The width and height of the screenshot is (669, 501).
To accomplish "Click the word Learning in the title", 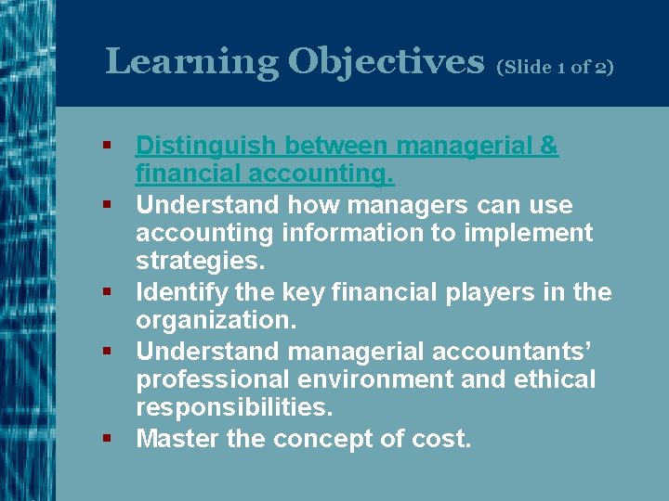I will click(191, 61).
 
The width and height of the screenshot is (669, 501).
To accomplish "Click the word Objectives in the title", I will click(386, 61).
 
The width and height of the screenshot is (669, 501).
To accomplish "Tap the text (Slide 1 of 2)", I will click(556, 67).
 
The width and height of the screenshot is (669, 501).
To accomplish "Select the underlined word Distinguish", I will click(206, 147).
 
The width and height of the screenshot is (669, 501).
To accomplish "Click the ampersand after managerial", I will click(548, 147).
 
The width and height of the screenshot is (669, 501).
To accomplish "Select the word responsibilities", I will click(232, 409).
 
